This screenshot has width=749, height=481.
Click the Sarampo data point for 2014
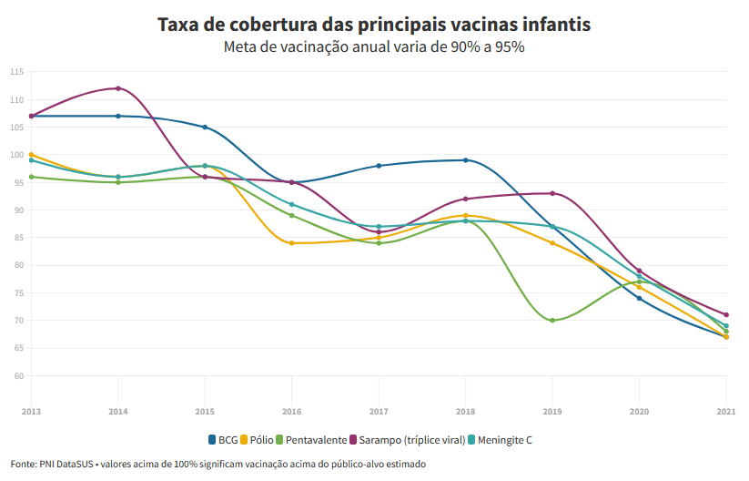pyautogui.click(x=118, y=88)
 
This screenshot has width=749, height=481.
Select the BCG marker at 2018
pyautogui.click(x=465, y=160)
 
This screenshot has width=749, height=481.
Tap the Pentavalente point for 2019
pyautogui.click(x=552, y=321)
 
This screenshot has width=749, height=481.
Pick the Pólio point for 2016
pyautogui.click(x=292, y=243)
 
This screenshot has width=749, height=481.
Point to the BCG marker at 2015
pyautogui.click(x=205, y=128)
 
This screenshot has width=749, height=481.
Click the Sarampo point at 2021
pyautogui.click(x=726, y=315)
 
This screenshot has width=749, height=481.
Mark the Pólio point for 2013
pyautogui.click(x=31, y=155)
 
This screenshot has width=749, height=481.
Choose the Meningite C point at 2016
pyautogui.click(x=292, y=204)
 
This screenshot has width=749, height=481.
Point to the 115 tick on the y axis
pyautogui.click(x=17, y=72)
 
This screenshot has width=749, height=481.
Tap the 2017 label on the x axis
pyautogui.click(x=379, y=412)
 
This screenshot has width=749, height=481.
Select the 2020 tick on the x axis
pyautogui.click(x=639, y=412)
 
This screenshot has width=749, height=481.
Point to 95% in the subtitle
pyautogui.click(x=509, y=47)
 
